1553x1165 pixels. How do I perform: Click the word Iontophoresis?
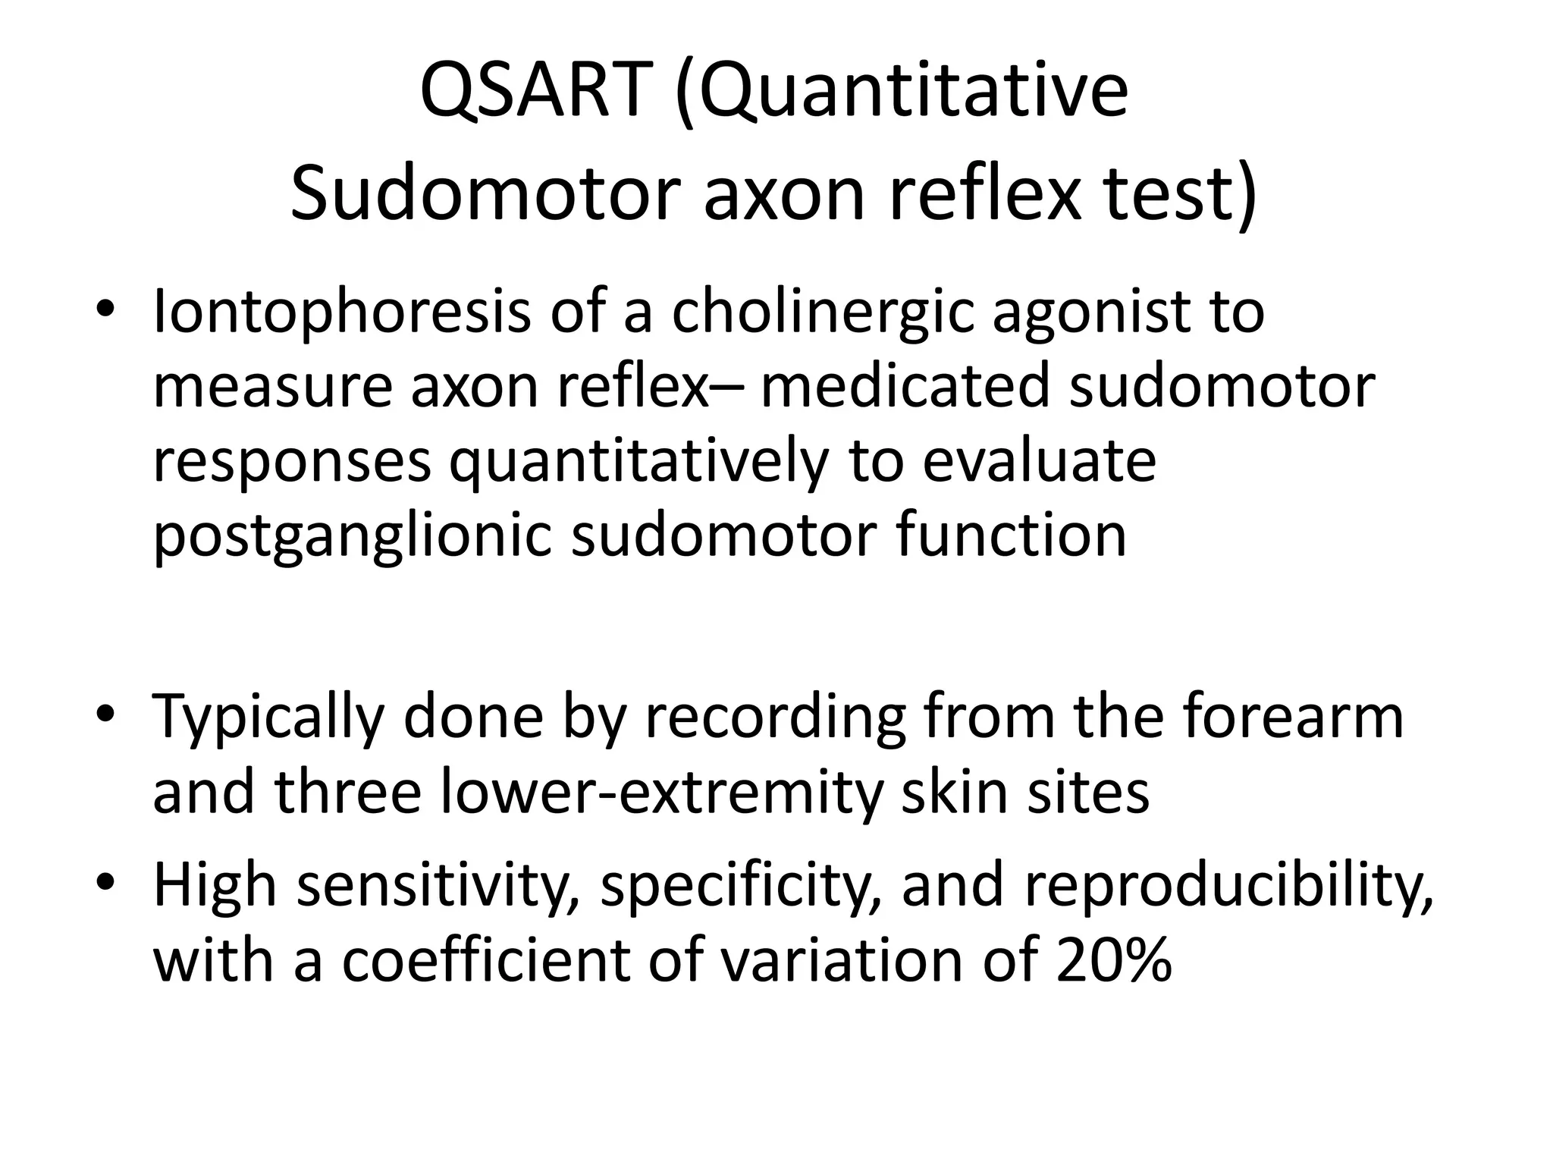341,312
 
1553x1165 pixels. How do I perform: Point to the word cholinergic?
822,312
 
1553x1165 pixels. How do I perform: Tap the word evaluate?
1039,461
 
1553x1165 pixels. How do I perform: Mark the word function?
1012,535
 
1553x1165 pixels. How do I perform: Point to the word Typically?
269,718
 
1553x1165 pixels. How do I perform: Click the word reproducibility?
1228,886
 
